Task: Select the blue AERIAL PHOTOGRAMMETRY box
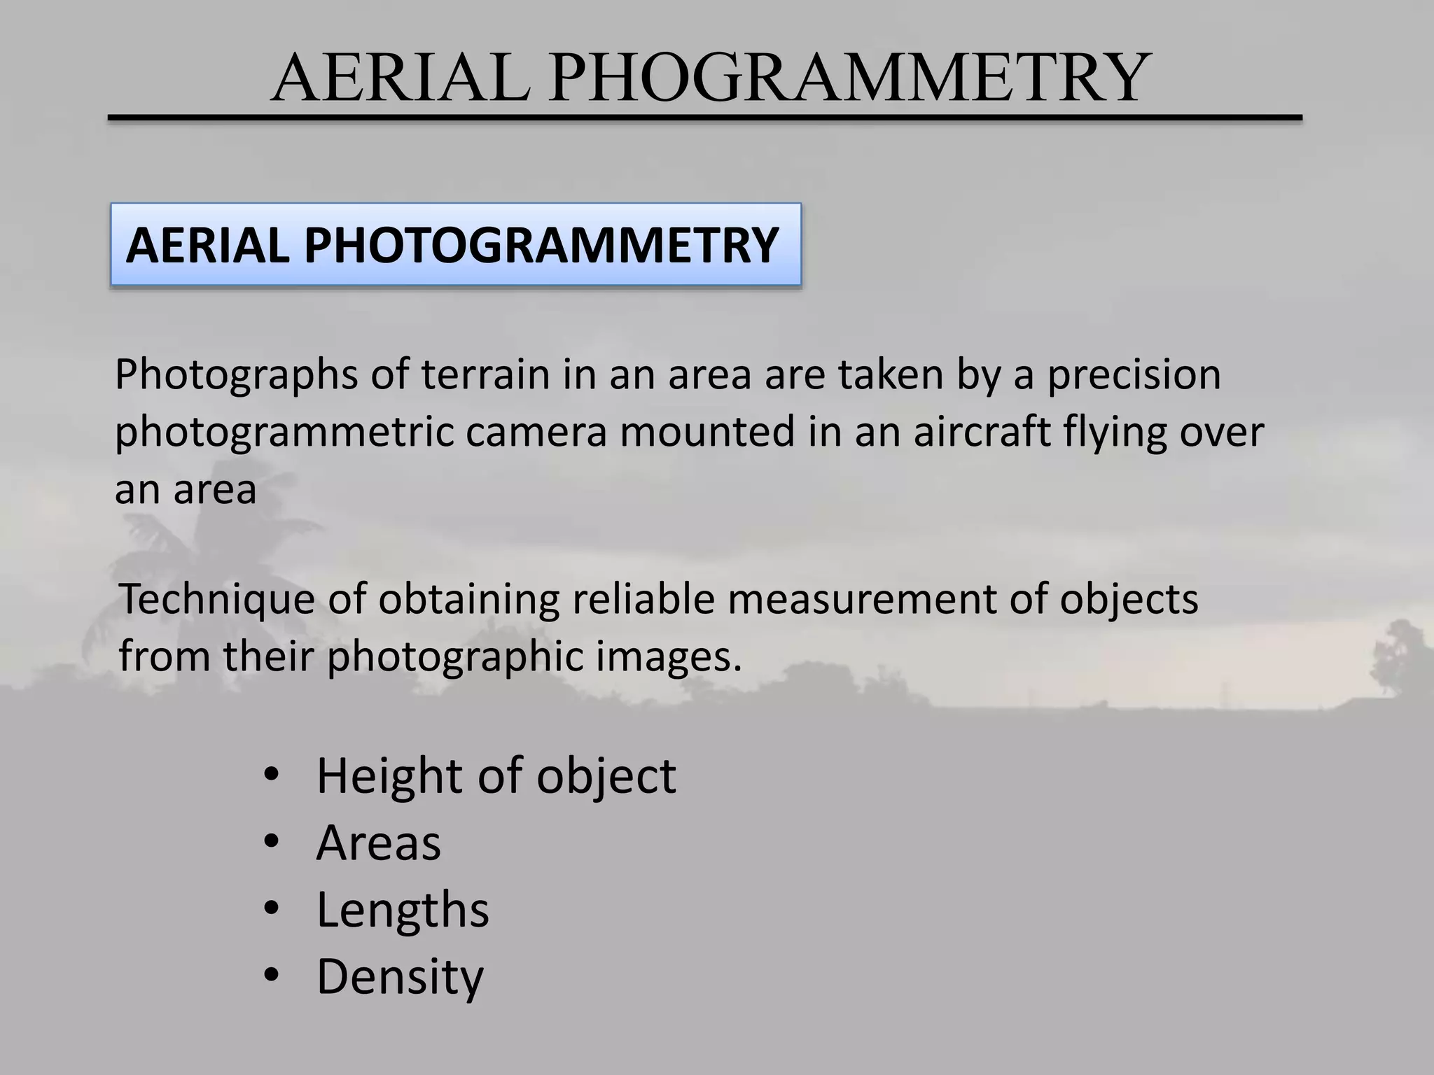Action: [x=455, y=244]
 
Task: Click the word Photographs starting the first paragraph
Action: [x=236, y=375]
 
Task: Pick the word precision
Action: [x=1134, y=375]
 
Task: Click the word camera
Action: [x=536, y=432]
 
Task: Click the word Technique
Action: [x=216, y=600]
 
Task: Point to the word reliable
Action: [x=644, y=600]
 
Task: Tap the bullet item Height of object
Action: [x=496, y=776]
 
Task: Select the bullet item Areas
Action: [x=378, y=843]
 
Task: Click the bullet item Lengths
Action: [x=403, y=910]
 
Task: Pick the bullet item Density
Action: [x=400, y=976]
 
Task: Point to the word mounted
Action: [x=707, y=432]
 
